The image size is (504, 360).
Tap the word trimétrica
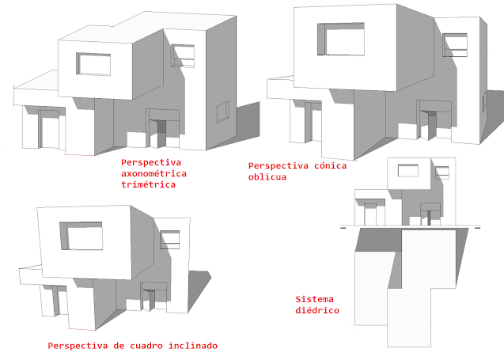147,184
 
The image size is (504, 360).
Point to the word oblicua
267,177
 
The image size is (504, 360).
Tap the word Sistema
315,299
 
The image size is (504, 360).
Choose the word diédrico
317,311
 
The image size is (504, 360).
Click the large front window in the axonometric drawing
93,64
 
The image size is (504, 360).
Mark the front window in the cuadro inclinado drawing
81,236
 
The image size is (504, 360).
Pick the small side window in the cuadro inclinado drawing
169,239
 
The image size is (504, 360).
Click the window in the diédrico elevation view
407,169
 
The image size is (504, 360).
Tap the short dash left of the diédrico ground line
343,228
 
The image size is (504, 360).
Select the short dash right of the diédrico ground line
478,228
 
